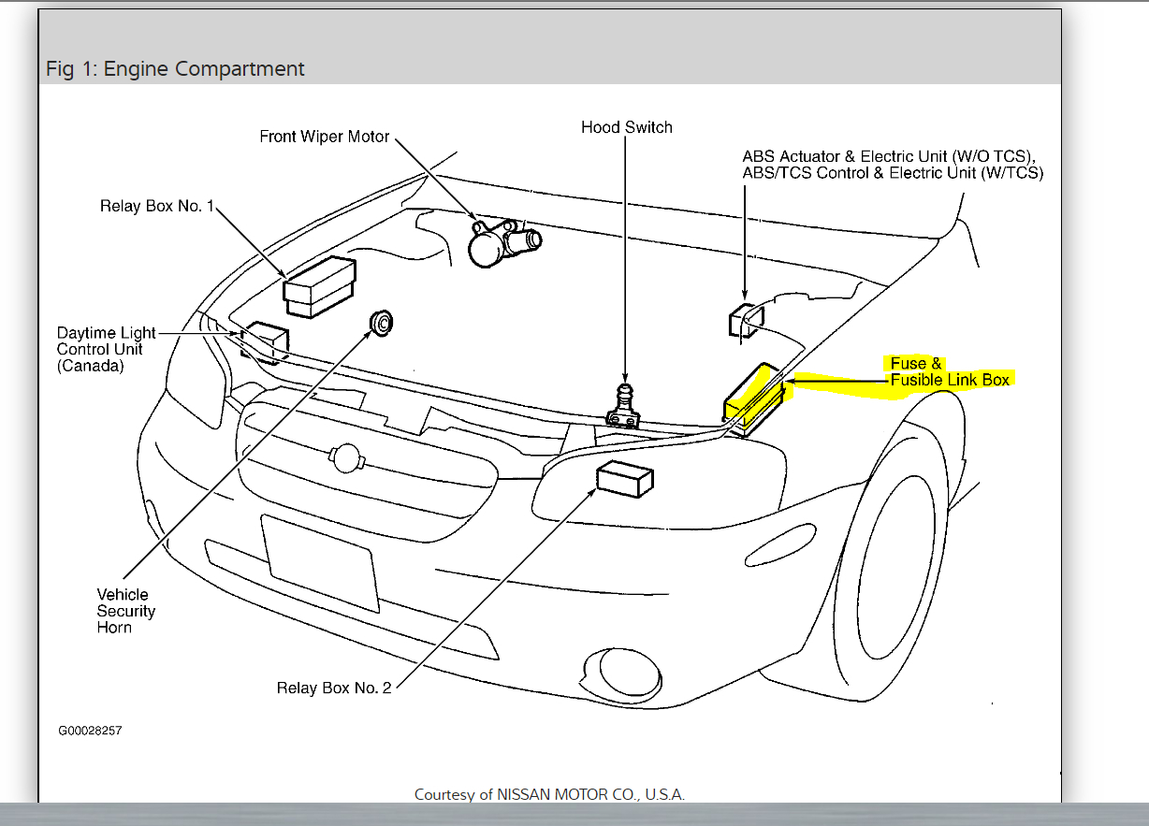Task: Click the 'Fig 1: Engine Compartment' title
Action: (x=175, y=69)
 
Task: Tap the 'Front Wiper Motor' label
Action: (x=324, y=137)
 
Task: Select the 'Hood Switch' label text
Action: (x=626, y=127)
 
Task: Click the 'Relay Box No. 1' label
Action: (x=157, y=206)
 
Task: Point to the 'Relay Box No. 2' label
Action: (x=334, y=688)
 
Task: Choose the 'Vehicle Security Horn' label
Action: (x=125, y=611)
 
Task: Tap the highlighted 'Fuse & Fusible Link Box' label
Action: (x=948, y=371)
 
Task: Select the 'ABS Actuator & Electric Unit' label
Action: (x=892, y=165)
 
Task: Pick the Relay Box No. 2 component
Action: (x=623, y=479)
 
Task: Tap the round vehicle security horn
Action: (x=382, y=321)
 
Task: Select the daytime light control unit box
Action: (x=265, y=342)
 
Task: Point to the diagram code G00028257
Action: (x=90, y=730)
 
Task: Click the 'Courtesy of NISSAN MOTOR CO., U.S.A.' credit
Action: (x=549, y=795)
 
